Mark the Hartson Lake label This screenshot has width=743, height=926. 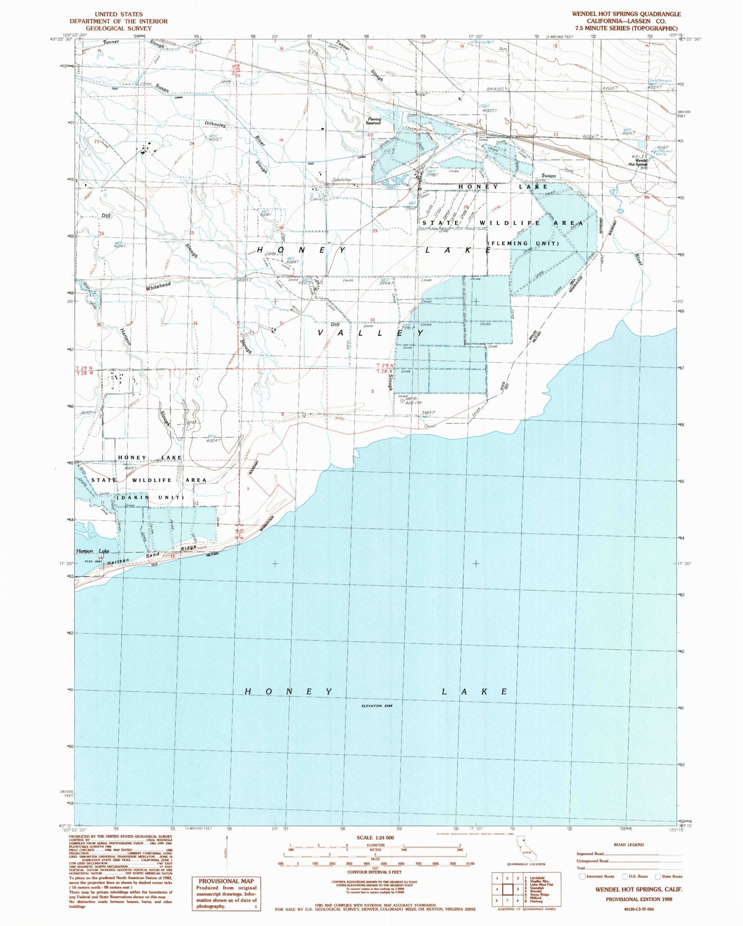[93, 551]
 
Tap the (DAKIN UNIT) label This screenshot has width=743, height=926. [150, 497]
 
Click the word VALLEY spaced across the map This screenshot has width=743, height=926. [371, 333]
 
